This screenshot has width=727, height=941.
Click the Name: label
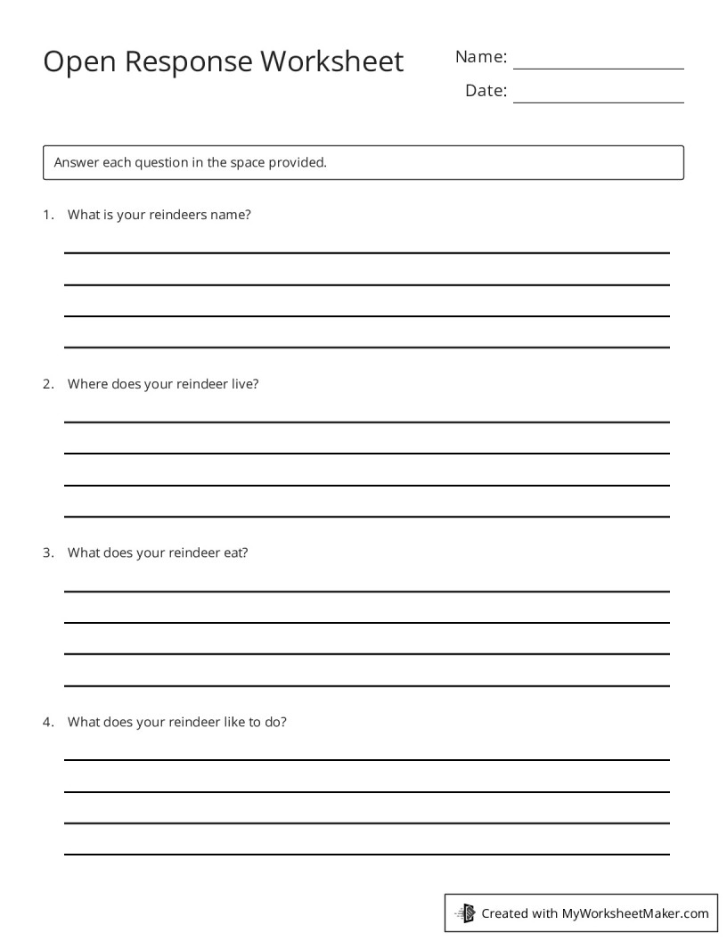pyautogui.click(x=481, y=57)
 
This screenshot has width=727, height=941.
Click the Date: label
pyautogui.click(x=486, y=91)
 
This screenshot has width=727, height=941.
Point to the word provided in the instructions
pyautogui.click(x=298, y=163)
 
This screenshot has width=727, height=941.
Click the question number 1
pyautogui.click(x=48, y=215)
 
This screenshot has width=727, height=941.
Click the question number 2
pyautogui.click(x=48, y=384)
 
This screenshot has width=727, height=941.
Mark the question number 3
pyautogui.click(x=48, y=552)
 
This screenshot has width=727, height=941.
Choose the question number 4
pyautogui.click(x=48, y=722)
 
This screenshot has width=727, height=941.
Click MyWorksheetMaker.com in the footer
pyautogui.click(x=635, y=913)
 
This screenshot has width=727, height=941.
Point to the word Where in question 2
pyautogui.click(x=87, y=384)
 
